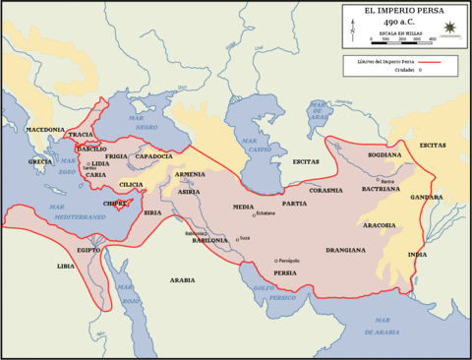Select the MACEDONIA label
[x=44, y=130]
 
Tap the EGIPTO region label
[x=88, y=250]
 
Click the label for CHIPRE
[x=115, y=204]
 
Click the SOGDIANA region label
[x=383, y=154]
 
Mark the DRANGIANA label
[x=345, y=250]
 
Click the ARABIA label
[x=182, y=280]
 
